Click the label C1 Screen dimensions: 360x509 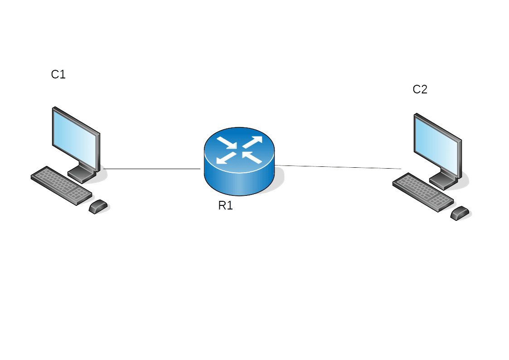click(58, 74)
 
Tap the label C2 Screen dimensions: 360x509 click(420, 89)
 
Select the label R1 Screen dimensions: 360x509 click(225, 205)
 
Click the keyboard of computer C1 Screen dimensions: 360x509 click(61, 185)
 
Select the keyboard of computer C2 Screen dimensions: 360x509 click(422, 192)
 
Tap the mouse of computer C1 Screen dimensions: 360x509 click(99, 207)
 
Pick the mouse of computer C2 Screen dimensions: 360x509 click(460, 213)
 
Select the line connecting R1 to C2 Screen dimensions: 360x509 click(338, 167)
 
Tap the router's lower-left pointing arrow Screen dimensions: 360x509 click(226, 158)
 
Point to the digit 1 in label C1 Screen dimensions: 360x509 click(63, 74)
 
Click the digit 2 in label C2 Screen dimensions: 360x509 click(423, 89)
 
